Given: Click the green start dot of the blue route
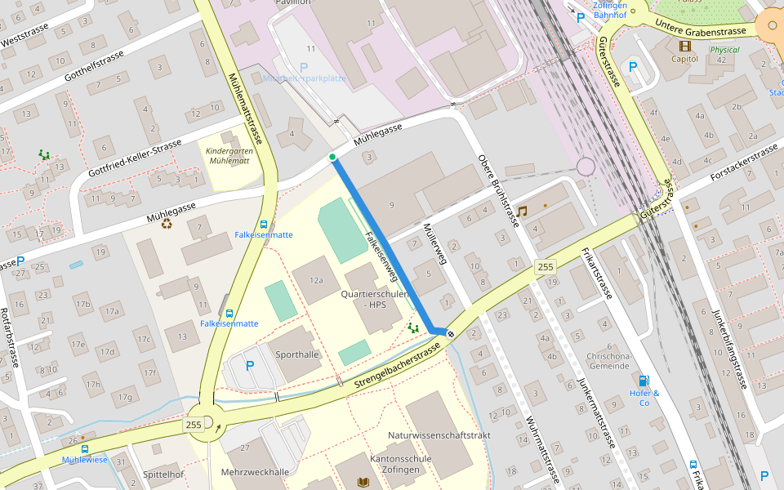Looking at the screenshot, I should tap(332, 157).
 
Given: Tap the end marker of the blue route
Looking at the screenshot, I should tap(450, 333).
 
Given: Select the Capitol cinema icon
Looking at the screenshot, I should tap(684, 45).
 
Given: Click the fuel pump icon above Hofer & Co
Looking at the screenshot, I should tap(644, 380).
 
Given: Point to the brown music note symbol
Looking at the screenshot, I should tap(522, 211).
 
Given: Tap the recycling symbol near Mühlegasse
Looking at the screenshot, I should tap(167, 222).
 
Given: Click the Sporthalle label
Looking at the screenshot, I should tap(297, 354).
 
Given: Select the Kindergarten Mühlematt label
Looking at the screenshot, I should tap(229, 156).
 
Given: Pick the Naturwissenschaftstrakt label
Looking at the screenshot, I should tap(439, 435).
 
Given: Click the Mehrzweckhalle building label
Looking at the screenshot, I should tap(255, 472).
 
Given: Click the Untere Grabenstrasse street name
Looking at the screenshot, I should tap(701, 30).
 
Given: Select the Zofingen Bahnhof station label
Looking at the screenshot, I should tap(609, 9).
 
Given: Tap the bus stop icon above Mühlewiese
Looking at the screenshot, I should tap(84, 448).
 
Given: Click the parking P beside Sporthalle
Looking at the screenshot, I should tap(250, 366).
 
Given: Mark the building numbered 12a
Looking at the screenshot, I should tap(316, 280).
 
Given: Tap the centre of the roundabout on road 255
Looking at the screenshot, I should tap(207, 422).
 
